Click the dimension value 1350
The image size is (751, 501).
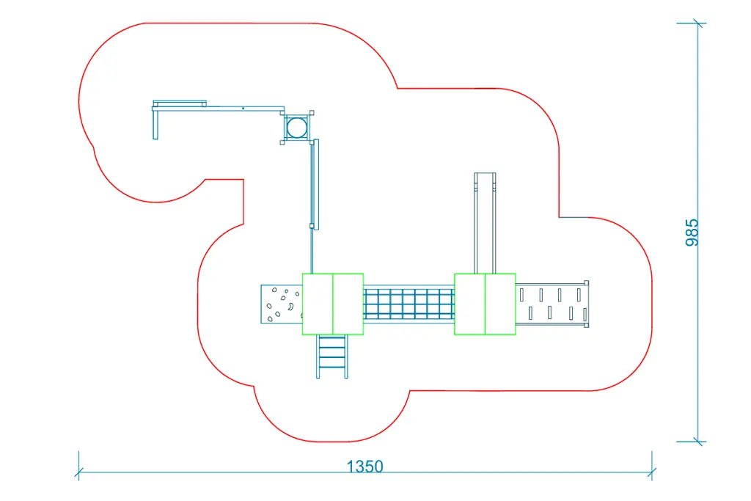[x=364, y=466]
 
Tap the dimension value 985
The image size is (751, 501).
[x=692, y=232]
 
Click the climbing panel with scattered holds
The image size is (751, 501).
[x=281, y=304]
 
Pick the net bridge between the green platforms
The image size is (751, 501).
[x=409, y=304]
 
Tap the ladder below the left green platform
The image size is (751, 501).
[x=332, y=356]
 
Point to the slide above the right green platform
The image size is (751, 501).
[x=486, y=222]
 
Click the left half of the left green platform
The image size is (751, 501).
[x=318, y=304]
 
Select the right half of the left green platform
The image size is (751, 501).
[x=348, y=304]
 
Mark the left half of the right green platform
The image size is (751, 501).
[x=469, y=304]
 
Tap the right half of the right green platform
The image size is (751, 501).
[x=500, y=304]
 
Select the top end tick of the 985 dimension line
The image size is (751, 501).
[x=697, y=23]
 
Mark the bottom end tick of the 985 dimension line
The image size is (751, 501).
[x=697, y=442]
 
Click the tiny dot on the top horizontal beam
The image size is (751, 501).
[x=243, y=109]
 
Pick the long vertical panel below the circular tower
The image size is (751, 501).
[x=315, y=184]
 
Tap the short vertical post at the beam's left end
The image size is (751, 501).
[x=155, y=125]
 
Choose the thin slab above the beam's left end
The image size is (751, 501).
[x=180, y=103]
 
